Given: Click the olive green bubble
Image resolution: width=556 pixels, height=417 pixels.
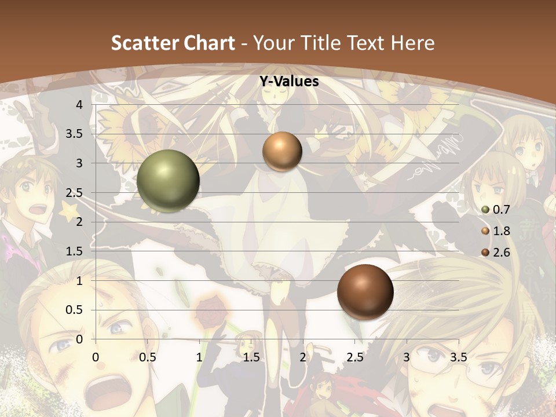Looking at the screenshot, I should coord(168,181).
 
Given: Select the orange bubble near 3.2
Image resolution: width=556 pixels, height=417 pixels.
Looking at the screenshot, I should coord(282,152).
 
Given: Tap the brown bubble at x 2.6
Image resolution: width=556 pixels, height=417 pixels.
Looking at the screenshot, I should coord(365,292).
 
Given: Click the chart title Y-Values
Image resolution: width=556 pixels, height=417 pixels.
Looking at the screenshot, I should coord(288,82).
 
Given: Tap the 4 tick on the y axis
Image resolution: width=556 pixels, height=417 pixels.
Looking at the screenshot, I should coord(79,105).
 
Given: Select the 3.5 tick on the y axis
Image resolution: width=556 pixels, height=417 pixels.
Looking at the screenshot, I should coord(75,134).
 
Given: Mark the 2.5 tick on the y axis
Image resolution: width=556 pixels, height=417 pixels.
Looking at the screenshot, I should coord(75,193).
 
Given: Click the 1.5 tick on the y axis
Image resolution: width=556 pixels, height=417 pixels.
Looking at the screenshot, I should coord(75,251).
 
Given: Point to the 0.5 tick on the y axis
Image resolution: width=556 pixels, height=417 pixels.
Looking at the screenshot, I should coord(75,310).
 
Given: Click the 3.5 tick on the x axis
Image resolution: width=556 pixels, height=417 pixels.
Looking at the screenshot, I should coord(459,357).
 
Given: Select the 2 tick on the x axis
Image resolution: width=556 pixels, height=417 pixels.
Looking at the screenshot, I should coord(303,357).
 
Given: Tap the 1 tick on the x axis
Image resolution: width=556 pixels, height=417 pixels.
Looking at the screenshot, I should coord(199,357).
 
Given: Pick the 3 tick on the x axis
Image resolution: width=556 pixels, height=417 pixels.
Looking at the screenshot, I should coord(407,357).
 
